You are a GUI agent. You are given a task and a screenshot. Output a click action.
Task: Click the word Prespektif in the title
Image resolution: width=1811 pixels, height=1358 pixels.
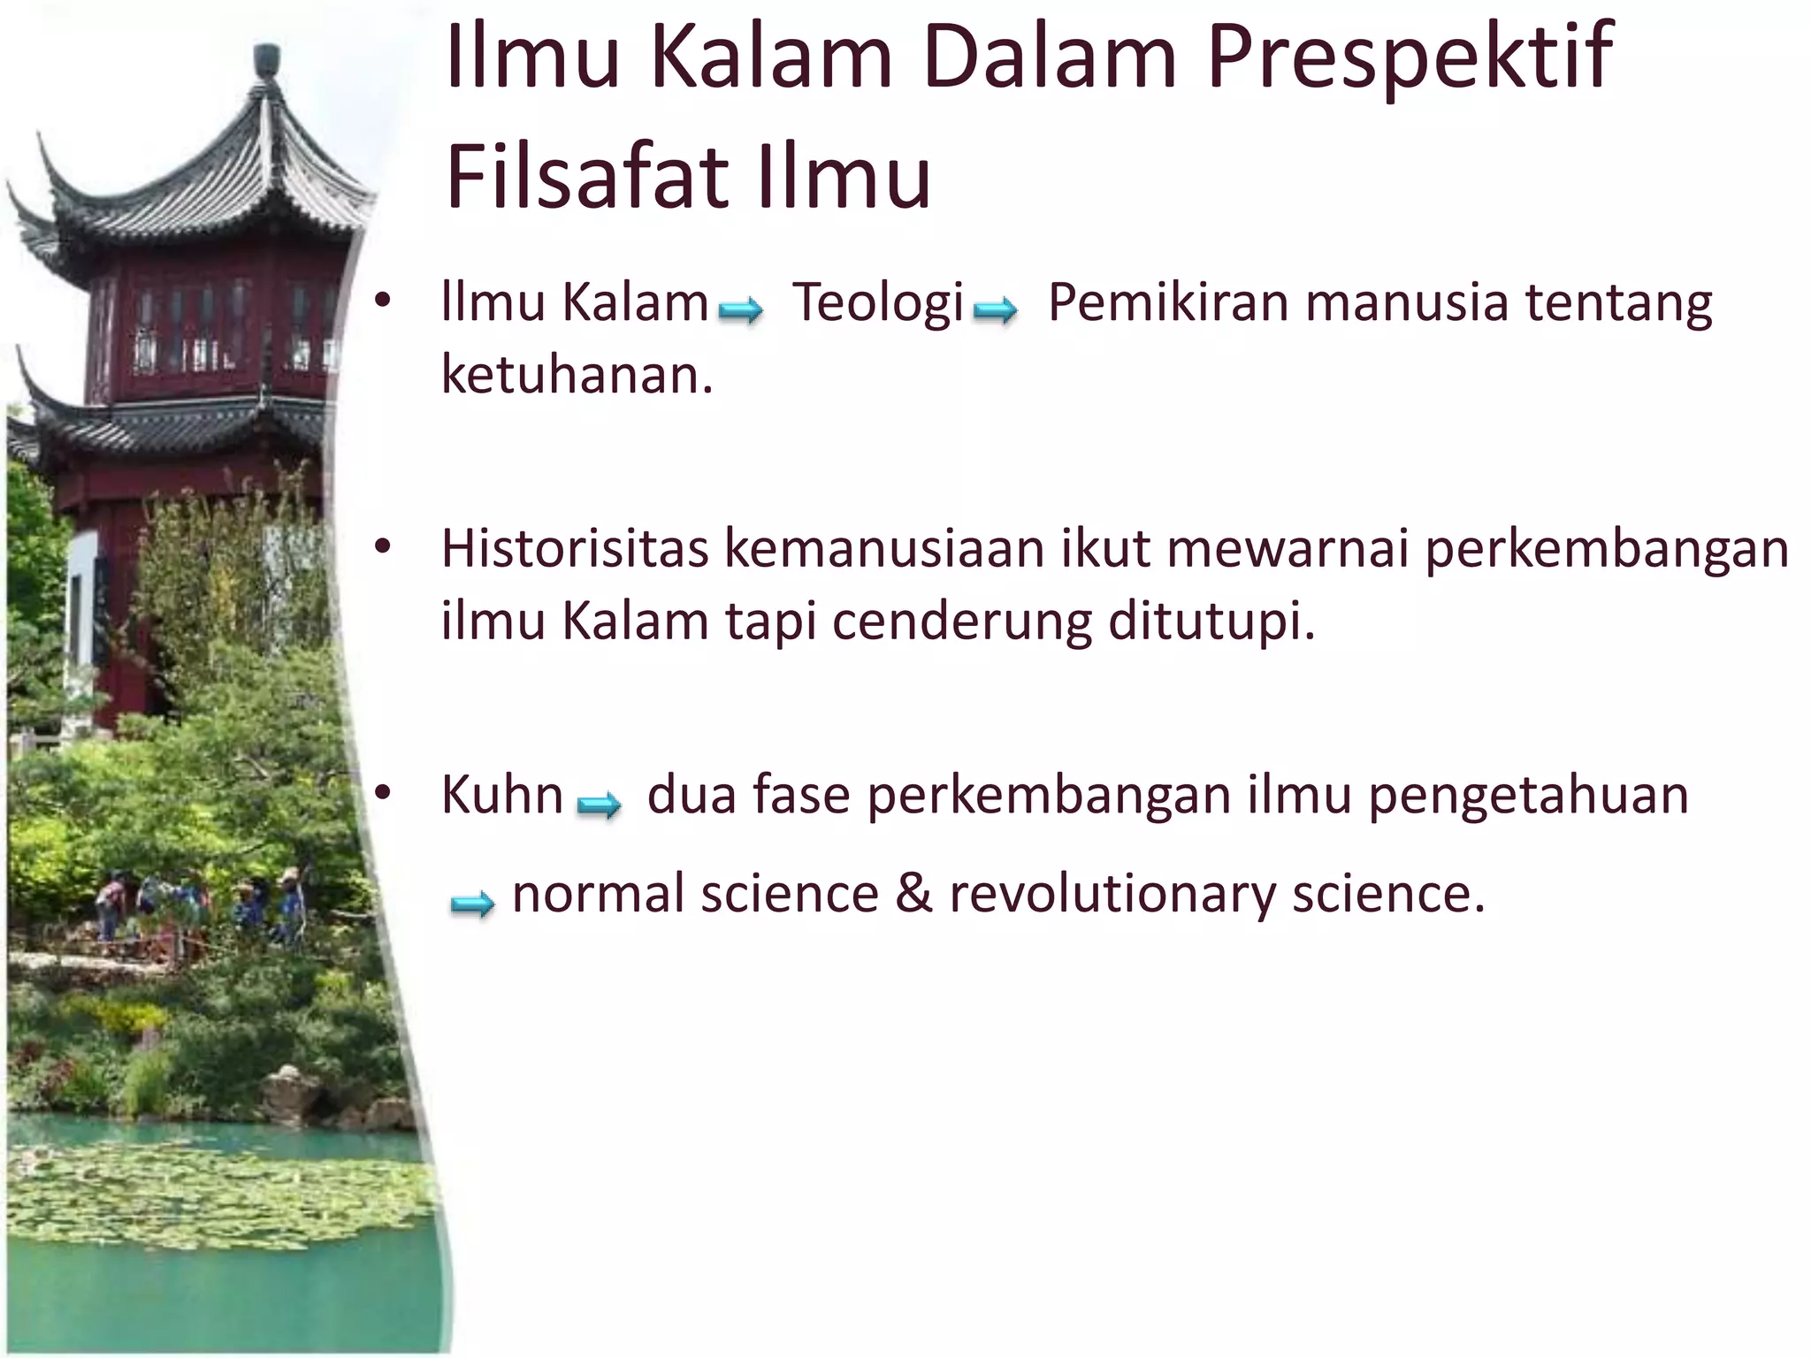pos(1410,60)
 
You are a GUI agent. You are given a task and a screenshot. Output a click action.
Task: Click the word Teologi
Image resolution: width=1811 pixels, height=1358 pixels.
pos(877,302)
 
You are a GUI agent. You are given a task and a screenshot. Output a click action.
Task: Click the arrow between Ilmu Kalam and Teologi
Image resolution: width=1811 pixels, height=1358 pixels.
pos(740,310)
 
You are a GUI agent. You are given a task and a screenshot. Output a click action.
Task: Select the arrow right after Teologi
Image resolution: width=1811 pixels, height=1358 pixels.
pos(995,310)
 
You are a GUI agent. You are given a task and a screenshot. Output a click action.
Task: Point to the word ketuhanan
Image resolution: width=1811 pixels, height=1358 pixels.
pos(577,375)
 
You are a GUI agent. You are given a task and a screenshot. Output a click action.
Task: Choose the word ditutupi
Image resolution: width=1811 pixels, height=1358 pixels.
pos(1211,622)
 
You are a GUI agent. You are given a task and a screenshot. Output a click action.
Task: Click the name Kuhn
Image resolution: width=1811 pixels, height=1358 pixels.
pos(501,795)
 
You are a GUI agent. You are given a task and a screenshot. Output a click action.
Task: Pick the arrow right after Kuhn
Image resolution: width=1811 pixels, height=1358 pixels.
pos(599,804)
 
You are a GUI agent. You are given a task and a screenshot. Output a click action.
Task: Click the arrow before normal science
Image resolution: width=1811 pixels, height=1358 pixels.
pos(472,904)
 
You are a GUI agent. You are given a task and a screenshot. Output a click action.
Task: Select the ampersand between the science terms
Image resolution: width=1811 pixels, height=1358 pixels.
pos(913,893)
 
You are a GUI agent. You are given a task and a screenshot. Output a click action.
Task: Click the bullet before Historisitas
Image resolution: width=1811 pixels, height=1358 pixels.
pos(382,547)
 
